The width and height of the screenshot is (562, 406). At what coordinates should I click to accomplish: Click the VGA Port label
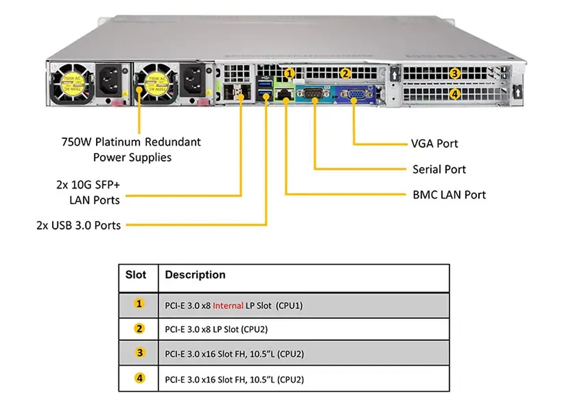point(434,144)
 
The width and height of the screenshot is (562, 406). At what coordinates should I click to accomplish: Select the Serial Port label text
point(439,169)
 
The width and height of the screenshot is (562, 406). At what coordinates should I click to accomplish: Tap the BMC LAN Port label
point(449,195)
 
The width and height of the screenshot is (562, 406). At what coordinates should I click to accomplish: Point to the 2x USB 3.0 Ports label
point(78,225)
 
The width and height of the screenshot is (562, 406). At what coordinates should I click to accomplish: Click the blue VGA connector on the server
point(353,94)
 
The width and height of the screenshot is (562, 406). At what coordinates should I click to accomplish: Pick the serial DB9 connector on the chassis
point(314,94)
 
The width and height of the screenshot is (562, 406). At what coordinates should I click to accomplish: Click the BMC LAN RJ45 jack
point(285,94)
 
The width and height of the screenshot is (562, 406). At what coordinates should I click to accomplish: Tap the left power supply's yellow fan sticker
point(72,84)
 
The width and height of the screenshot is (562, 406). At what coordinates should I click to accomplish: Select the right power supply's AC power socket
point(193,81)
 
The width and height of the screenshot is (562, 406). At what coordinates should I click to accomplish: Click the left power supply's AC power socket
point(109,81)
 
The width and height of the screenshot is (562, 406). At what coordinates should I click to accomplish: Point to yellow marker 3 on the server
point(454,73)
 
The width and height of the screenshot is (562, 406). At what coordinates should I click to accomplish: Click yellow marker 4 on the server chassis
point(454,94)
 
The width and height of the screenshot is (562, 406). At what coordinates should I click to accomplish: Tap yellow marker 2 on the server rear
point(345,73)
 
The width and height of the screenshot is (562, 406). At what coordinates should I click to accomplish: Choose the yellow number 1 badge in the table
point(139,304)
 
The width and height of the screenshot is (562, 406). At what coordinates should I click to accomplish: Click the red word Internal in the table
point(228,306)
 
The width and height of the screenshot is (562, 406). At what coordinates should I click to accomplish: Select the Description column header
point(195,275)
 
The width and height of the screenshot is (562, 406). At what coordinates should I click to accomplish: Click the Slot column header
point(135,275)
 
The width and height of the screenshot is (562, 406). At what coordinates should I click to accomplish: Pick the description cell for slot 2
point(304,329)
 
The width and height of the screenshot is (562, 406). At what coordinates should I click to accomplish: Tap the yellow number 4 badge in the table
point(139,378)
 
